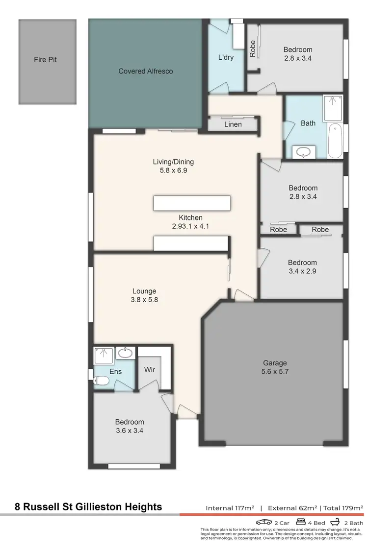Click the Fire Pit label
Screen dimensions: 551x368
click(47, 60)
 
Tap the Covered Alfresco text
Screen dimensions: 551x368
click(146, 71)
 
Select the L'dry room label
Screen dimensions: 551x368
click(226, 57)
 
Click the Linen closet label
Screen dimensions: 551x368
click(233, 124)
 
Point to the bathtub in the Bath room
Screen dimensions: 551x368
click(336, 141)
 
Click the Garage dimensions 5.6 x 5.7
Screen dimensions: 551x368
click(275, 372)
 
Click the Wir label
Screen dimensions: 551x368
click(150, 370)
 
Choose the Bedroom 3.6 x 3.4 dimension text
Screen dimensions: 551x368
click(130, 431)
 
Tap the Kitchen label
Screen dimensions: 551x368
click(190, 217)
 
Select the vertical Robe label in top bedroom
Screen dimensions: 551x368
click(253, 48)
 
